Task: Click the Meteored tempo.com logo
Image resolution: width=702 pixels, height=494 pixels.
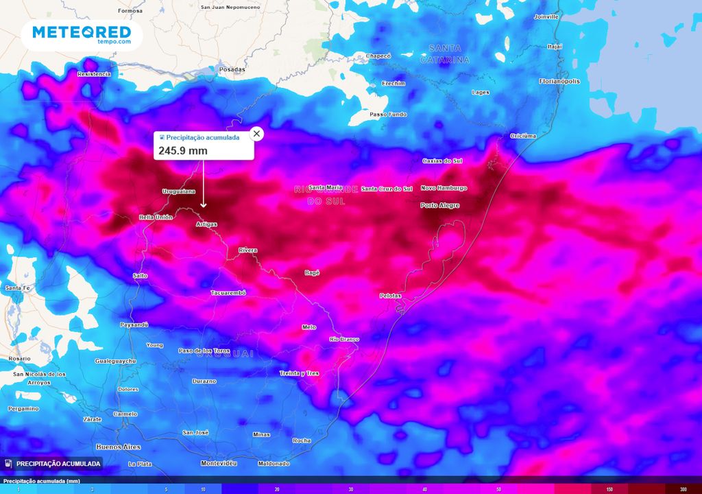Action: click(x=82, y=34)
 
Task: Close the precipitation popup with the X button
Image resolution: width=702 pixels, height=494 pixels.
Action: click(x=256, y=133)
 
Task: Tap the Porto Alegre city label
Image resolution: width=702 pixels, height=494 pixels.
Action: click(x=439, y=205)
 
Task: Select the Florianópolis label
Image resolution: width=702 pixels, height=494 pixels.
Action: click(x=559, y=81)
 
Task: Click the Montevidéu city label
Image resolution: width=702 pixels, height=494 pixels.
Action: click(x=219, y=463)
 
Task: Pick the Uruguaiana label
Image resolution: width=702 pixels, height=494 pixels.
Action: click(x=178, y=191)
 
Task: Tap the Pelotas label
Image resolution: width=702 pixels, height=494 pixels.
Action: click(x=390, y=296)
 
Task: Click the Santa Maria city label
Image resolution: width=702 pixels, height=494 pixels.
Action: click(x=326, y=187)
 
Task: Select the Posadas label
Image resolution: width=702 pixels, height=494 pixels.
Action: click(x=231, y=69)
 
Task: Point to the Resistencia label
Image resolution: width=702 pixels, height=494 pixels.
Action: click(x=94, y=73)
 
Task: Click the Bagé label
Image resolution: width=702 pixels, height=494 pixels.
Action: click(x=312, y=272)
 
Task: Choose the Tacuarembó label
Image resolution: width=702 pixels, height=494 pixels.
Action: click(x=228, y=293)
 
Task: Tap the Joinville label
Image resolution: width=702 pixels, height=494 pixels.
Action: click(x=546, y=16)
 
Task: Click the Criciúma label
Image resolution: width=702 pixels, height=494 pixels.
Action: click(x=523, y=136)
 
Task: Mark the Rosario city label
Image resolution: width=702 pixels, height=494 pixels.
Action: click(x=19, y=359)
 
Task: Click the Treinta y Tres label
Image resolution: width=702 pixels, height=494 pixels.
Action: click(x=300, y=373)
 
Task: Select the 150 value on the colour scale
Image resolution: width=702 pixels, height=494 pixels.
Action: click(x=609, y=489)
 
